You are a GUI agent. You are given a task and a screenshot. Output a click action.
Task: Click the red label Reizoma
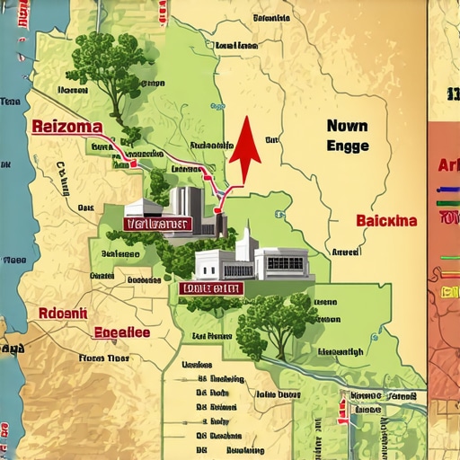66,127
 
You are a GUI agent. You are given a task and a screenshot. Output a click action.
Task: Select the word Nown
347,127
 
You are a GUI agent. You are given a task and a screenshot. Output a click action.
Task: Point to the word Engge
347,146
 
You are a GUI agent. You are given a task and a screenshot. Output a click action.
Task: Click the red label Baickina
386,220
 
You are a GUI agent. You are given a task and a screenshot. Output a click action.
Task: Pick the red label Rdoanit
62,314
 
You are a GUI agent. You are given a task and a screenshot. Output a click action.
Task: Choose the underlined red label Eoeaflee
123,332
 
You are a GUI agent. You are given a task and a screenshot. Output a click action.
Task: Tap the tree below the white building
270,319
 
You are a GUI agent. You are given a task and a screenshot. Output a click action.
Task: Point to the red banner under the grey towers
157,224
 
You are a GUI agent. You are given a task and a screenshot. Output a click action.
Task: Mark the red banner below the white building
210,288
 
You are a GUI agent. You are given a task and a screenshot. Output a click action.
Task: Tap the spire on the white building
244,235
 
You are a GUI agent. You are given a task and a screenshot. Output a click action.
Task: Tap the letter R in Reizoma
38,127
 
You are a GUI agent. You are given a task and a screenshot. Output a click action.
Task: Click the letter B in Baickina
361,220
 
